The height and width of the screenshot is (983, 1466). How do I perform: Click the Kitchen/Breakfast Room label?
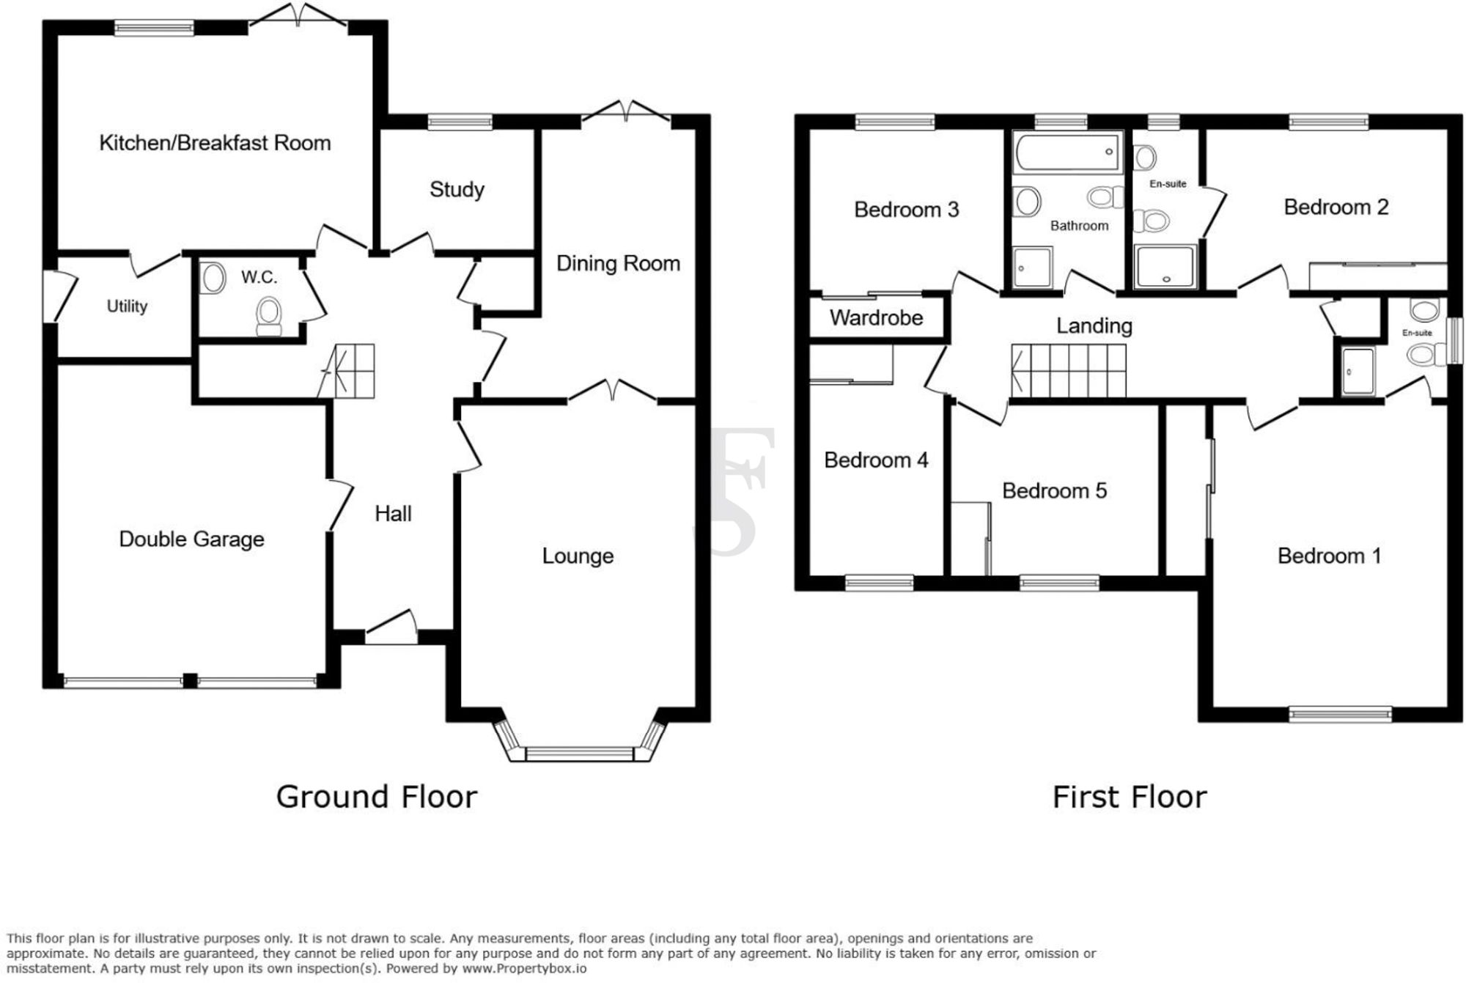(215, 142)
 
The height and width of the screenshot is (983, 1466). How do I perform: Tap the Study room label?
(457, 189)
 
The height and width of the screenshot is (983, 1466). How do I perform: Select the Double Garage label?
(191, 539)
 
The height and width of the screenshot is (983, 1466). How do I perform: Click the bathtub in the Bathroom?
(1068, 152)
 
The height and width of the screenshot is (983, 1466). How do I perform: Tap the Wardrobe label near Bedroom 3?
(876, 317)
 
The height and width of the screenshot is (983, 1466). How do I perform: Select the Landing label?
(1094, 325)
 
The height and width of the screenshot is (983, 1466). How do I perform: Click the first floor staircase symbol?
(1069, 371)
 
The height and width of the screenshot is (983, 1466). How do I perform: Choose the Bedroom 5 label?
(1054, 490)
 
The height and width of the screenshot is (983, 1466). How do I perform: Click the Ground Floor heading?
(376, 797)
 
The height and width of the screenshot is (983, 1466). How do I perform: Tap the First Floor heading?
(1129, 797)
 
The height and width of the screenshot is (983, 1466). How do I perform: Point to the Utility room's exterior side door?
(60, 296)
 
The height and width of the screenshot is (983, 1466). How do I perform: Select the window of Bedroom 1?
(1340, 713)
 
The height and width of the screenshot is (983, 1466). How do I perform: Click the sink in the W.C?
(213, 279)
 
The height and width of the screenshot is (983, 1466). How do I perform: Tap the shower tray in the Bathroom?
(1033, 268)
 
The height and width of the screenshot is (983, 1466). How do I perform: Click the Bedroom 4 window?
(879, 583)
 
